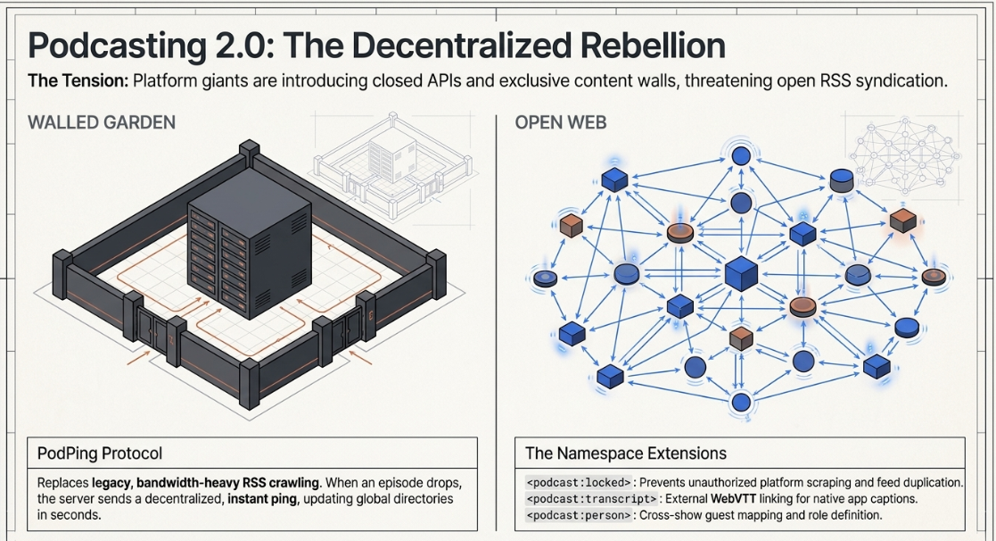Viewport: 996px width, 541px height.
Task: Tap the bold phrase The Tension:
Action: click(x=78, y=80)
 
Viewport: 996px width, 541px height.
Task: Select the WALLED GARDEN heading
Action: click(x=102, y=122)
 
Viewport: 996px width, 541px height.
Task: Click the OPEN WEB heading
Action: click(x=560, y=122)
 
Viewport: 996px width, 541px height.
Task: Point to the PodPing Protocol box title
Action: click(x=100, y=454)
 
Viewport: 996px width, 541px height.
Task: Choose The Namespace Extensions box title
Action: click(x=626, y=454)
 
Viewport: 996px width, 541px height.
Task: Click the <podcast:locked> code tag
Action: click(x=579, y=482)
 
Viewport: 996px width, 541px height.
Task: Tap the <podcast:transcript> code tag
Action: click(x=591, y=499)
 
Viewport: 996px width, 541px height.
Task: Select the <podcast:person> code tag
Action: click(x=579, y=516)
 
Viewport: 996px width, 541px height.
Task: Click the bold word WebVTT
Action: click(x=733, y=499)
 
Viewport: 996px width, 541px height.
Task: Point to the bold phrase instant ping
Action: click(x=262, y=499)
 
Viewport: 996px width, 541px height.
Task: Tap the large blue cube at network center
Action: click(x=741, y=274)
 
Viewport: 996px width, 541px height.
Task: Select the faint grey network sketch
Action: click(x=904, y=155)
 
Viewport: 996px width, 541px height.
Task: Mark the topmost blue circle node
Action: click(x=741, y=155)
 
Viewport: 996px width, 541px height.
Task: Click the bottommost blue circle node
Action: click(x=741, y=402)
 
